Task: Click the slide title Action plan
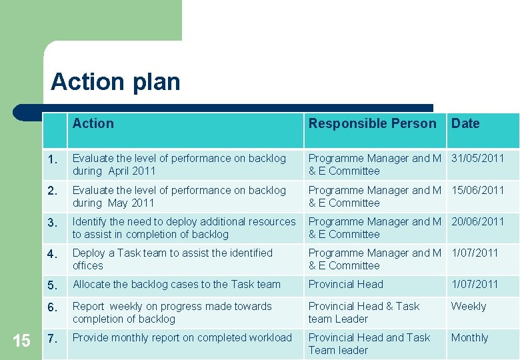click(x=115, y=82)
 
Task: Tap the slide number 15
click(x=21, y=341)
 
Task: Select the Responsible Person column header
click(x=372, y=123)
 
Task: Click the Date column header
click(x=465, y=123)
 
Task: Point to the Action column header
click(x=93, y=123)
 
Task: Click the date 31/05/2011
click(x=478, y=159)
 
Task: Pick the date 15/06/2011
click(x=478, y=191)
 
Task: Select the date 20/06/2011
click(x=478, y=222)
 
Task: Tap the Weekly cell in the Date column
click(x=469, y=307)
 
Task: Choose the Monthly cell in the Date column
click(x=469, y=338)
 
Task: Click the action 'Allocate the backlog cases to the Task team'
click(x=177, y=285)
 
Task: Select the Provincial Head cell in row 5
click(x=345, y=285)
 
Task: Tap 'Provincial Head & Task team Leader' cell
click(x=364, y=313)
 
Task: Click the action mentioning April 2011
click(x=179, y=165)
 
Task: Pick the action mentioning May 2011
click(x=179, y=197)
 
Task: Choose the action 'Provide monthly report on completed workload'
click(x=182, y=338)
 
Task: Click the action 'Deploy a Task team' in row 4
click(x=172, y=259)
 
